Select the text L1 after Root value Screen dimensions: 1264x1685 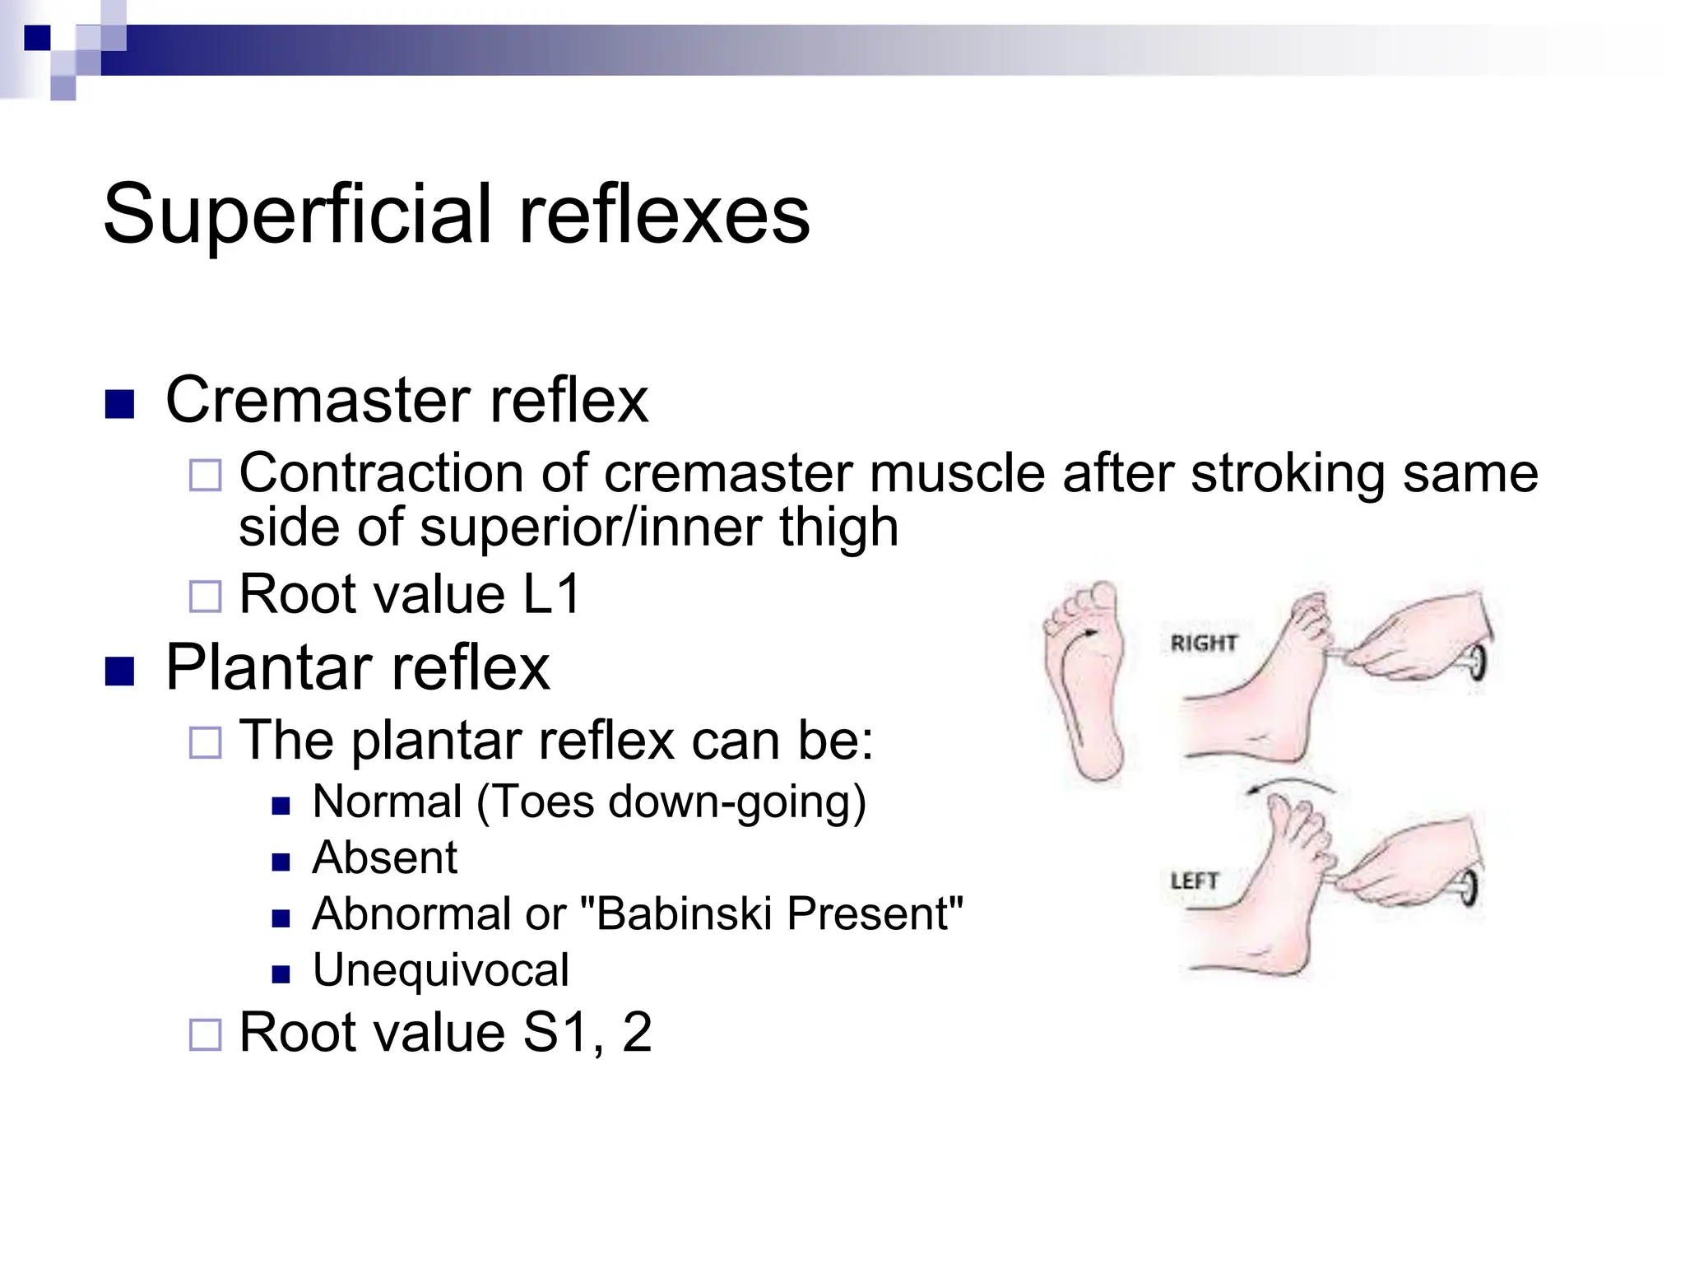point(551,594)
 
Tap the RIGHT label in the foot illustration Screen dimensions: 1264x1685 point(1203,643)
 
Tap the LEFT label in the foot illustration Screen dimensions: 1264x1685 point(1194,881)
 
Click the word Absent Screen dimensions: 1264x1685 point(384,858)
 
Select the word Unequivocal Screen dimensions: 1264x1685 point(440,970)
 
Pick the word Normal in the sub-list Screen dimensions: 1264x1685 point(387,802)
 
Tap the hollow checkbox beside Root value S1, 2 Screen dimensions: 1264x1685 point(206,1034)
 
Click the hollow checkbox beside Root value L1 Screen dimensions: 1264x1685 point(206,597)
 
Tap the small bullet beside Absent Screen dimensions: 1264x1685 point(281,862)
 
